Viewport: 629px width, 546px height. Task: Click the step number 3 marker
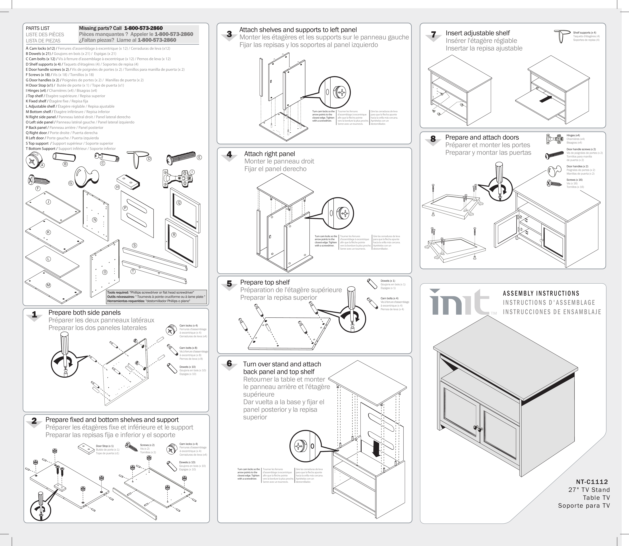click(229, 34)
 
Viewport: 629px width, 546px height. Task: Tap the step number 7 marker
click(433, 35)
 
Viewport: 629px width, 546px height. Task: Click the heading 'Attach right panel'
click(269, 154)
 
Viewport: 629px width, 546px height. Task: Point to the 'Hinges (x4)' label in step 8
click(573, 135)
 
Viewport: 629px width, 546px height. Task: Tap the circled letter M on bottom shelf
click(48, 285)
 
